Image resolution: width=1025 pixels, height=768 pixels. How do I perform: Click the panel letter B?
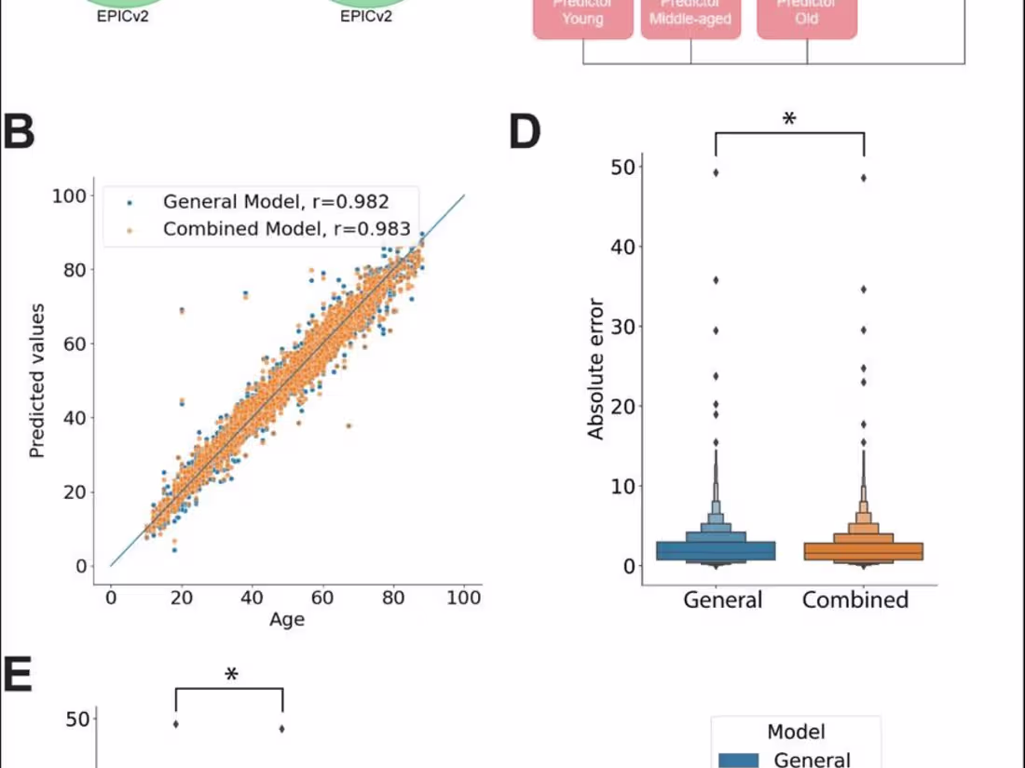19,133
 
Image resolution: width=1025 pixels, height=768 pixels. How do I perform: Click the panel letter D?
525,133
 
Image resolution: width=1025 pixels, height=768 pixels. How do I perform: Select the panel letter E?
17,677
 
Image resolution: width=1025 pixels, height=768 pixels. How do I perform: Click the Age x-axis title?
287,619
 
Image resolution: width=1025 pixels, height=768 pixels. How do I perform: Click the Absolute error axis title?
596,369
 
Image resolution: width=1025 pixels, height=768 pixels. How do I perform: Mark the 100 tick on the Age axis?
463,598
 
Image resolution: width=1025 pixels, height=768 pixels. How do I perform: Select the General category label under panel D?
722,600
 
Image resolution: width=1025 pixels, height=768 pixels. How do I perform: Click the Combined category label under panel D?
855,600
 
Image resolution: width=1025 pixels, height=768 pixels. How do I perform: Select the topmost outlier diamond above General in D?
716,172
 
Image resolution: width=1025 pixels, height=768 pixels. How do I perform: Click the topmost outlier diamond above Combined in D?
863,178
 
